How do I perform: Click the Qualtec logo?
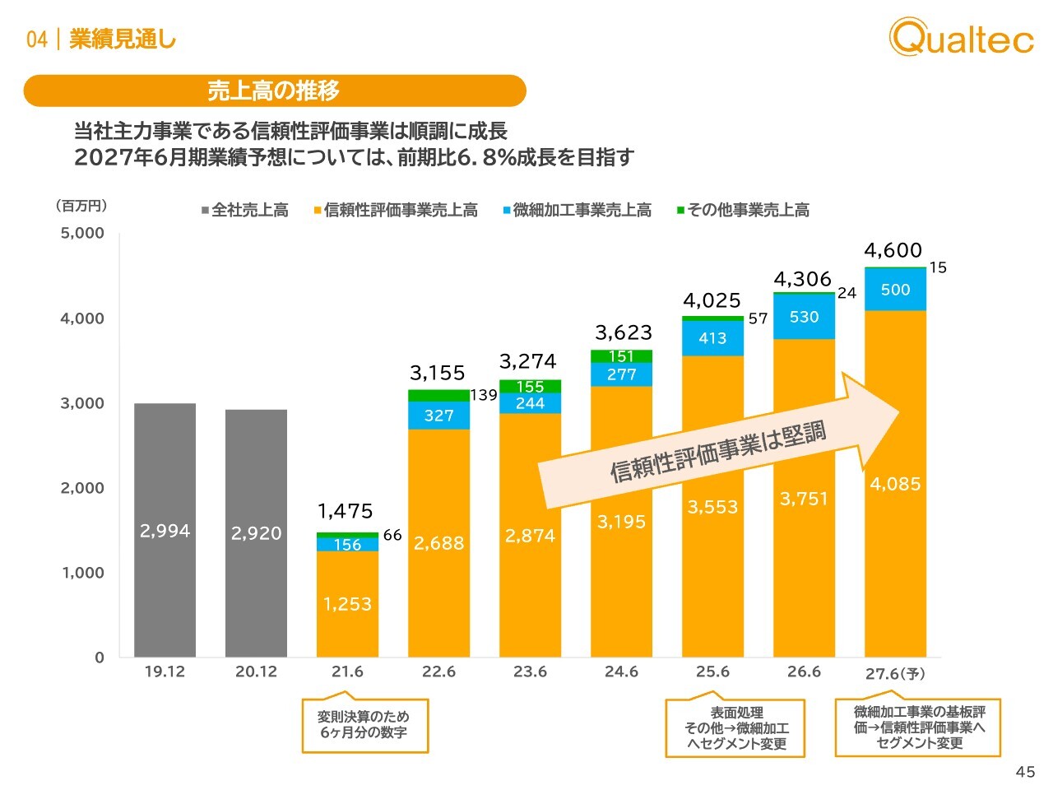pos(961,36)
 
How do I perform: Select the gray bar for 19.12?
pos(165,530)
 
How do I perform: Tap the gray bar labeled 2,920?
pos(256,533)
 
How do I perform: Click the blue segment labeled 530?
pos(804,317)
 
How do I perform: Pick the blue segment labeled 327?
pos(439,416)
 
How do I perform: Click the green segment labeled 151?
pos(621,356)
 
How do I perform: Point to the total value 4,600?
pos(893,250)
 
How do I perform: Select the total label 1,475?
pos(346,511)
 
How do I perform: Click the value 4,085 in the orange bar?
pos(895,484)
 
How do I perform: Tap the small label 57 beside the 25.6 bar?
pos(758,318)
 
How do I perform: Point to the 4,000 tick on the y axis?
pos(82,318)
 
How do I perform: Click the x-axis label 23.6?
pos(530,671)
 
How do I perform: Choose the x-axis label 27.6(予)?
pos(895,673)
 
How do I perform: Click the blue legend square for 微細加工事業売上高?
pos(506,211)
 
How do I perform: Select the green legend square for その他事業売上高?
pos(680,211)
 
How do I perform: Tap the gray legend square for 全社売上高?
pos(205,211)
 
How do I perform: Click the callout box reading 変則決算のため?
pos(364,725)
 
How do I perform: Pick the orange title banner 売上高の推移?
pos(275,91)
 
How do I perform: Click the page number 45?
pos(1025,772)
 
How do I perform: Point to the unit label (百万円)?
pos(81,206)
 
